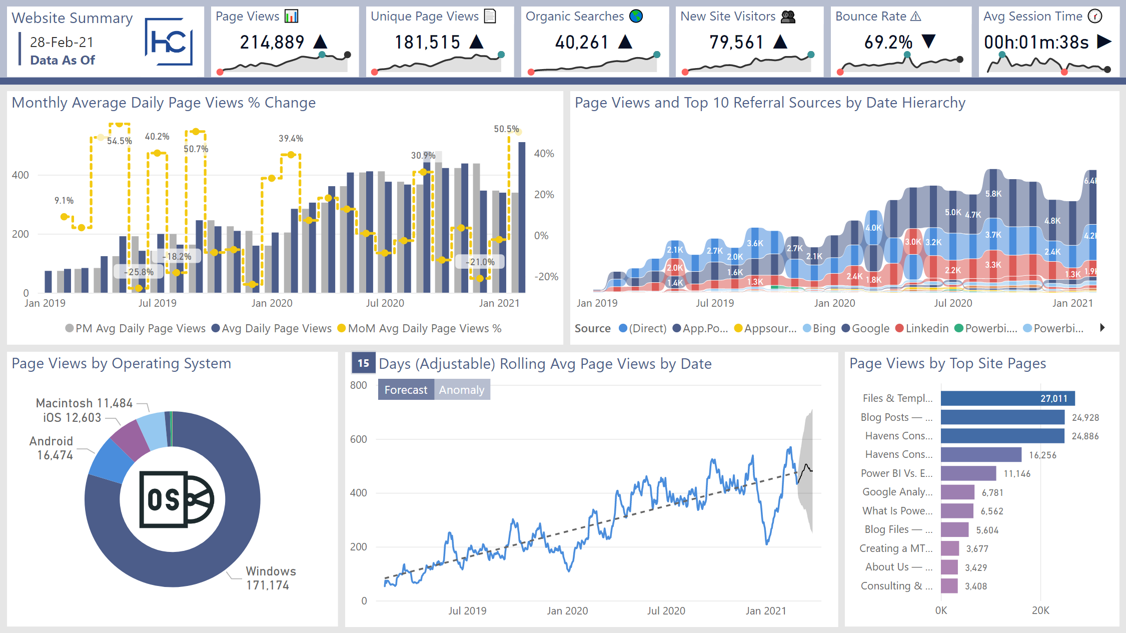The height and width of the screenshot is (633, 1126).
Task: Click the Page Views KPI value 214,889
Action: click(272, 42)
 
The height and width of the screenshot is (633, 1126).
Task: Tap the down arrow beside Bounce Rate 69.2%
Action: click(928, 41)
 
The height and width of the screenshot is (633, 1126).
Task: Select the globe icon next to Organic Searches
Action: click(636, 17)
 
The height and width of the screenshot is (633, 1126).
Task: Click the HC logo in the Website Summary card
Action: click(169, 42)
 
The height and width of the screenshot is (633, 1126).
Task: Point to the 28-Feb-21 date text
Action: click(62, 42)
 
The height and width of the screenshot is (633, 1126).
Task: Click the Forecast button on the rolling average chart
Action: click(406, 390)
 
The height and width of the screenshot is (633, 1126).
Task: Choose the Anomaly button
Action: click(462, 390)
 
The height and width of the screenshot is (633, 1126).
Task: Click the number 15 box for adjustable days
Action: click(364, 363)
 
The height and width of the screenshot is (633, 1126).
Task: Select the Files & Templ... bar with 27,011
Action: click(1007, 398)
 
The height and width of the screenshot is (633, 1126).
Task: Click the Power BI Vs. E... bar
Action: click(968, 473)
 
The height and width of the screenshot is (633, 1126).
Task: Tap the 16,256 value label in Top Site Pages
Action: click(1042, 455)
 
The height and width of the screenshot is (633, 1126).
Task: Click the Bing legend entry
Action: click(819, 328)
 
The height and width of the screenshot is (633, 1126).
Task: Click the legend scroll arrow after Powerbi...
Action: click(1102, 328)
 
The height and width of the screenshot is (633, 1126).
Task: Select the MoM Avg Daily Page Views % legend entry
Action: click(419, 328)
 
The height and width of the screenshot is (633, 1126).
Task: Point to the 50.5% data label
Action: click(506, 129)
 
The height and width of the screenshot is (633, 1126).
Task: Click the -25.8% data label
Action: click(139, 272)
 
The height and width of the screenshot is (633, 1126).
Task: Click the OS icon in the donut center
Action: click(176, 499)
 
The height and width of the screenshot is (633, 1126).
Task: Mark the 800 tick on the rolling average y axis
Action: click(359, 385)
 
